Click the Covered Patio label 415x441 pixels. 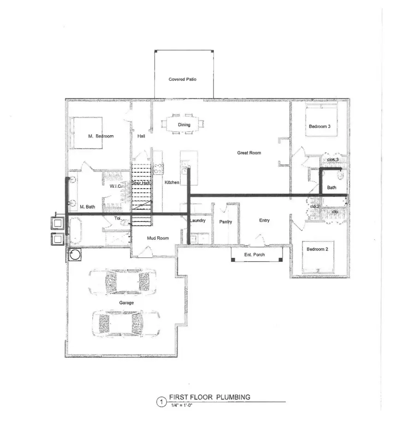click(183, 80)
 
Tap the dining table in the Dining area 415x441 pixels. click(184, 125)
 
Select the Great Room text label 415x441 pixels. click(249, 153)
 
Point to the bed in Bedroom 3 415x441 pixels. click(321, 120)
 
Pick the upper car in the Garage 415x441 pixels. click(122, 282)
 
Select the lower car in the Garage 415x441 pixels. click(126, 322)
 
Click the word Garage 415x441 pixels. click(126, 303)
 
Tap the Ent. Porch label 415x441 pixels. click(255, 255)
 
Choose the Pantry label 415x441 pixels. click(225, 222)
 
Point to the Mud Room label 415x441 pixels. click(157, 238)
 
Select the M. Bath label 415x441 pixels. click(87, 207)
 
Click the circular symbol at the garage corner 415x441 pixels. click(75, 255)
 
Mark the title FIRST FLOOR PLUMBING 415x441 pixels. click(209, 397)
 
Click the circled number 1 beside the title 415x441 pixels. click(161, 402)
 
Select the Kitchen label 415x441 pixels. click(172, 183)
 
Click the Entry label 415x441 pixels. click(264, 220)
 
